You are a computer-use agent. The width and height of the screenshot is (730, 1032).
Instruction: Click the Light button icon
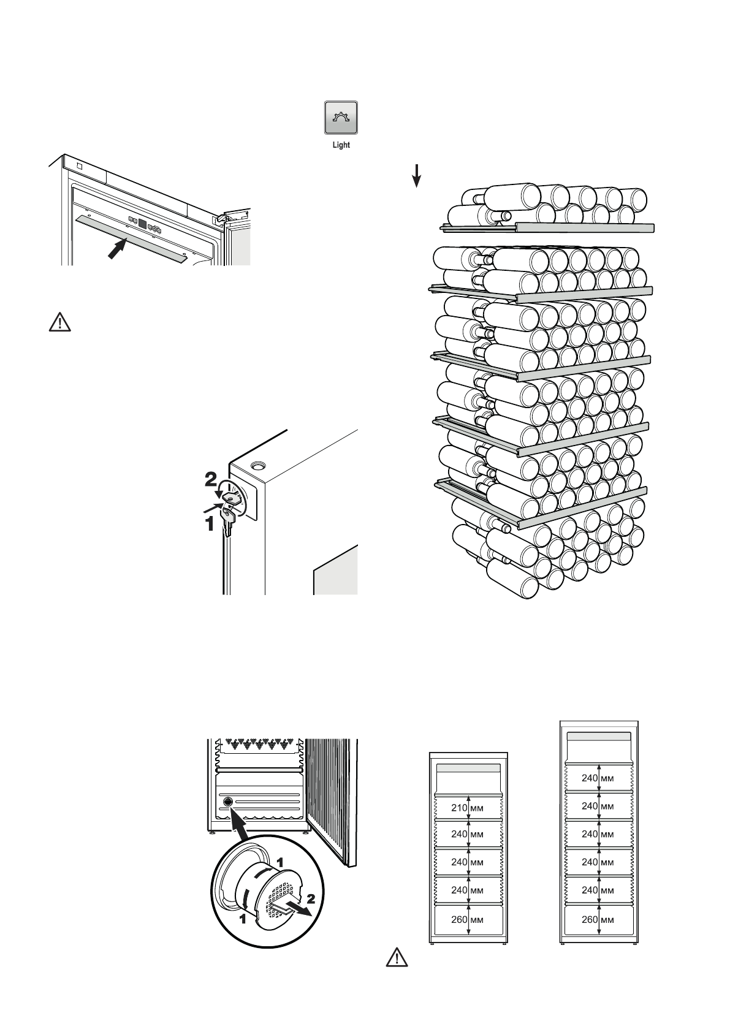(x=341, y=118)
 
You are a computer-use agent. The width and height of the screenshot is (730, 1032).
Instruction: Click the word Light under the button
(x=341, y=145)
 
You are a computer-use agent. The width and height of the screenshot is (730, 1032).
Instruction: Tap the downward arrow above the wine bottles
(x=416, y=176)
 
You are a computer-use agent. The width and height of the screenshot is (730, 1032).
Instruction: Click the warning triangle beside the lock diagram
(x=60, y=322)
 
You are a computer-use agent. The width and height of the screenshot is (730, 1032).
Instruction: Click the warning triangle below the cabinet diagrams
(x=397, y=957)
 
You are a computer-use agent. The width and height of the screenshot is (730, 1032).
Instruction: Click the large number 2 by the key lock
(x=211, y=480)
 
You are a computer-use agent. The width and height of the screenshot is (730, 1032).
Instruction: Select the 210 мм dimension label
(x=467, y=808)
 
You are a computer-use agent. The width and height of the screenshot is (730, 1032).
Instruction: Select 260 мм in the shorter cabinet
(x=467, y=920)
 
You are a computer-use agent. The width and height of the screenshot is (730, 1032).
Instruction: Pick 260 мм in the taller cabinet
(x=598, y=920)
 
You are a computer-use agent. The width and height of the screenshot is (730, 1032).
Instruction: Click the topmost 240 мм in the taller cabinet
(x=598, y=778)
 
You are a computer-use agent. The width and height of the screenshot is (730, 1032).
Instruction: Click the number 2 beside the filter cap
(x=311, y=898)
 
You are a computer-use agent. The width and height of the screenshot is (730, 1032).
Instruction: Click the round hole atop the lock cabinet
(x=258, y=466)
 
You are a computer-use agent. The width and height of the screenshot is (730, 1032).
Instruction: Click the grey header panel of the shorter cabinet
(x=468, y=768)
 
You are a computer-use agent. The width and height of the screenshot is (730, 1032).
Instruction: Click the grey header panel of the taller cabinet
(x=599, y=736)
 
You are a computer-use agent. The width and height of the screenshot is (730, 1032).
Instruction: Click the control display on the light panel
(x=142, y=224)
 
